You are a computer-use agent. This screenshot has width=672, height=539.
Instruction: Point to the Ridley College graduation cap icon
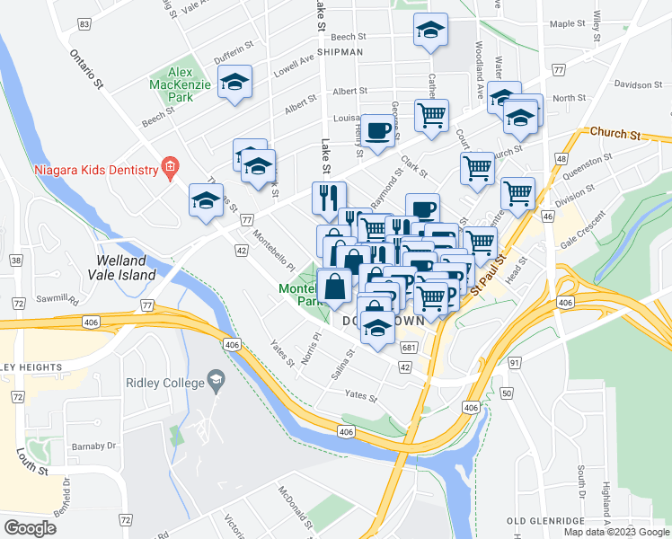coord(216,383)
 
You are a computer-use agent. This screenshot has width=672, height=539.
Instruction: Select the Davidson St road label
coord(638,85)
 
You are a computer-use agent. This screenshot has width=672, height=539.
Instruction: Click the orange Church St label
coord(615,133)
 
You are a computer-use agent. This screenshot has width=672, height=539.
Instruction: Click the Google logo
coord(30,527)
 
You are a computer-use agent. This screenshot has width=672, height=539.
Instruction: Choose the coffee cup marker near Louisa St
coord(377,130)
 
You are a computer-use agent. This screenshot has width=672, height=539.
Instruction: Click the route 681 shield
coord(409,348)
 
